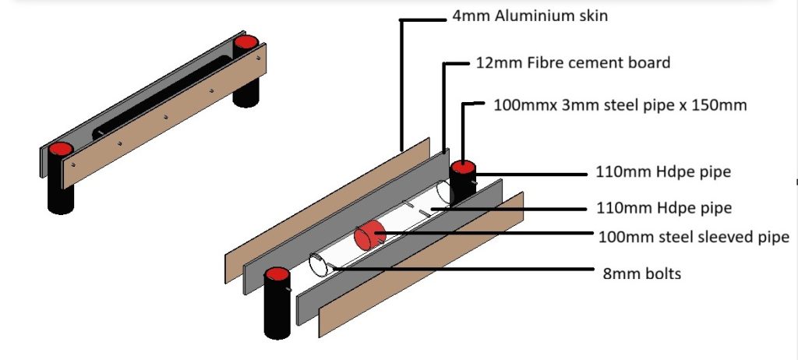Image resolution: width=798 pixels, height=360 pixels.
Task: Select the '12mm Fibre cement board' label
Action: tap(573, 63)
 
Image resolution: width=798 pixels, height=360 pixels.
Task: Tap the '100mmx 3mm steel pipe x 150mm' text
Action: tap(620, 104)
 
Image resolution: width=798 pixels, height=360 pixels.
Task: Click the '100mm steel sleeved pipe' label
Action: tap(693, 237)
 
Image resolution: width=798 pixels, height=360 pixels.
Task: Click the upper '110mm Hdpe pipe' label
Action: tap(663, 172)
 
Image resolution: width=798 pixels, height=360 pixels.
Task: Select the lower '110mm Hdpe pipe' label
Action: tap(663, 208)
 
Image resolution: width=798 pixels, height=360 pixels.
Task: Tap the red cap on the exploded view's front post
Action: tap(277, 275)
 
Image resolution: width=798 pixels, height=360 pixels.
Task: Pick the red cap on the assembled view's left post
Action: tap(59, 149)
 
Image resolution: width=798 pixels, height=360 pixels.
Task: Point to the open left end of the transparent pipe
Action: tap(318, 265)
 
